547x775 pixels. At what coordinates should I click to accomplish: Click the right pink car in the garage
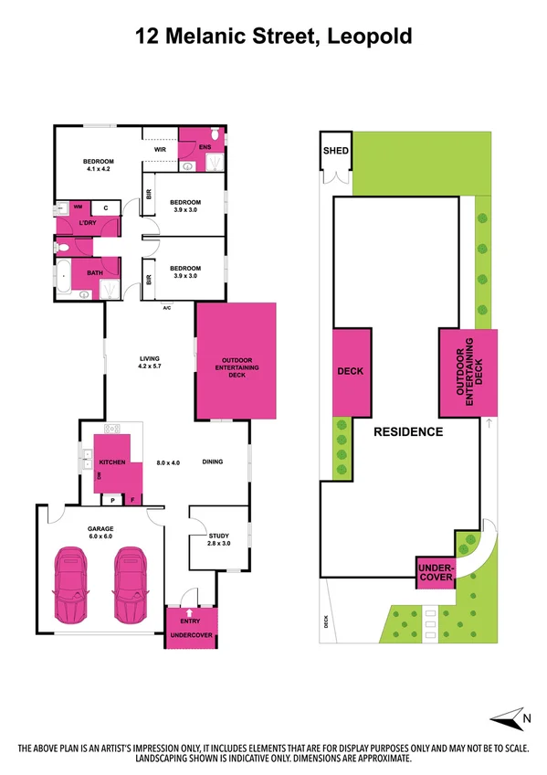pos(130,586)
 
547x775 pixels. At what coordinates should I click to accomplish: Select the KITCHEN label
pos(111,462)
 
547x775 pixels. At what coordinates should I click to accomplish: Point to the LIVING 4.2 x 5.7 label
pos(149,362)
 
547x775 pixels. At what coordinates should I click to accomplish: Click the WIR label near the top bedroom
pos(159,149)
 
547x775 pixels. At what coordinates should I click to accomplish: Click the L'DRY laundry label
pos(88,224)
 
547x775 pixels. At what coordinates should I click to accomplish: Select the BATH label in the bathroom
pos(95,272)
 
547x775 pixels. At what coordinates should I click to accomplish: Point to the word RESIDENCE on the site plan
pos(408,431)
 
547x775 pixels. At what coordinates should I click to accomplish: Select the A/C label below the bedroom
pos(167,307)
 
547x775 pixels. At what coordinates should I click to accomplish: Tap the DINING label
pos(213,462)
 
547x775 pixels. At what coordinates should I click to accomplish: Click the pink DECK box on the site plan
pos(351,372)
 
